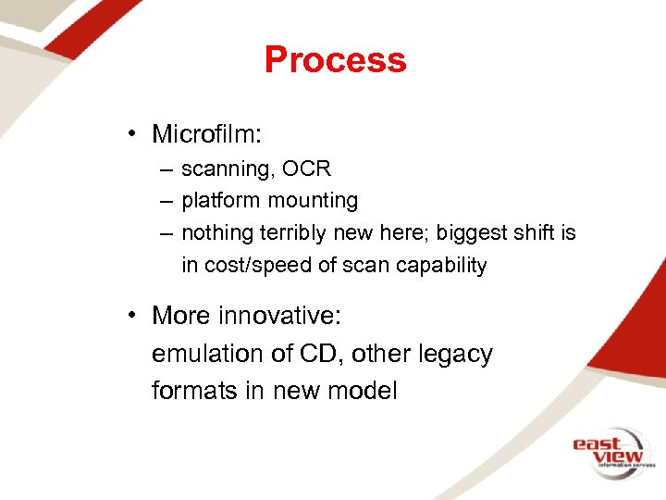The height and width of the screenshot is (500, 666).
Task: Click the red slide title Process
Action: (x=335, y=60)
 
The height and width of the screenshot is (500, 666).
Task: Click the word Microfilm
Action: (x=207, y=134)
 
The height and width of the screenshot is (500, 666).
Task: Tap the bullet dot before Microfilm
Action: (x=135, y=135)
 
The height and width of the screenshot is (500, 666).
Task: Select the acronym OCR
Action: (x=307, y=169)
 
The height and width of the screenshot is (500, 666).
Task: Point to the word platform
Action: (x=221, y=201)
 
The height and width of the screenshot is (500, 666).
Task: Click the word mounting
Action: (x=313, y=201)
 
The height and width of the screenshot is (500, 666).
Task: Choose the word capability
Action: (x=440, y=265)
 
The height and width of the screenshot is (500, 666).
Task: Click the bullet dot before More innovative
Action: (x=135, y=316)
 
